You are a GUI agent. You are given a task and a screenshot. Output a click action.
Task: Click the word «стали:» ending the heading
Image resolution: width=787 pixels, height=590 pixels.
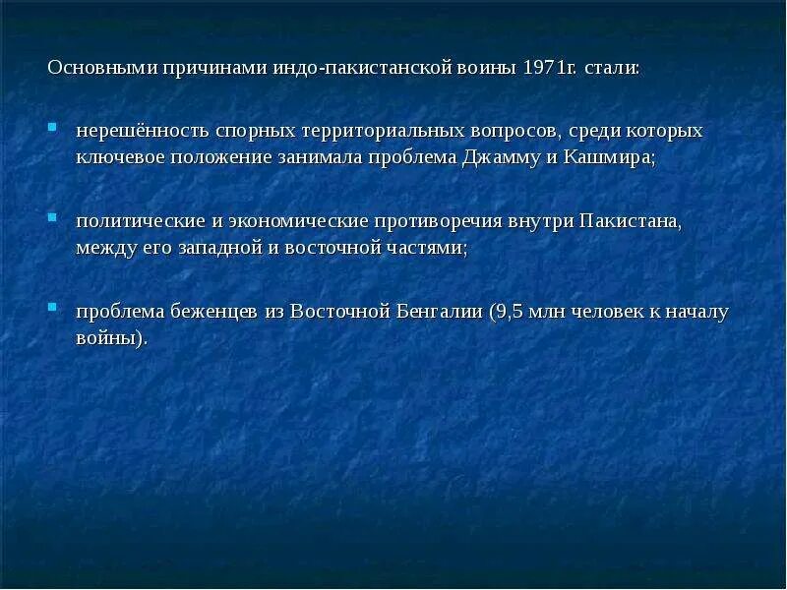[x=613, y=70]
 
